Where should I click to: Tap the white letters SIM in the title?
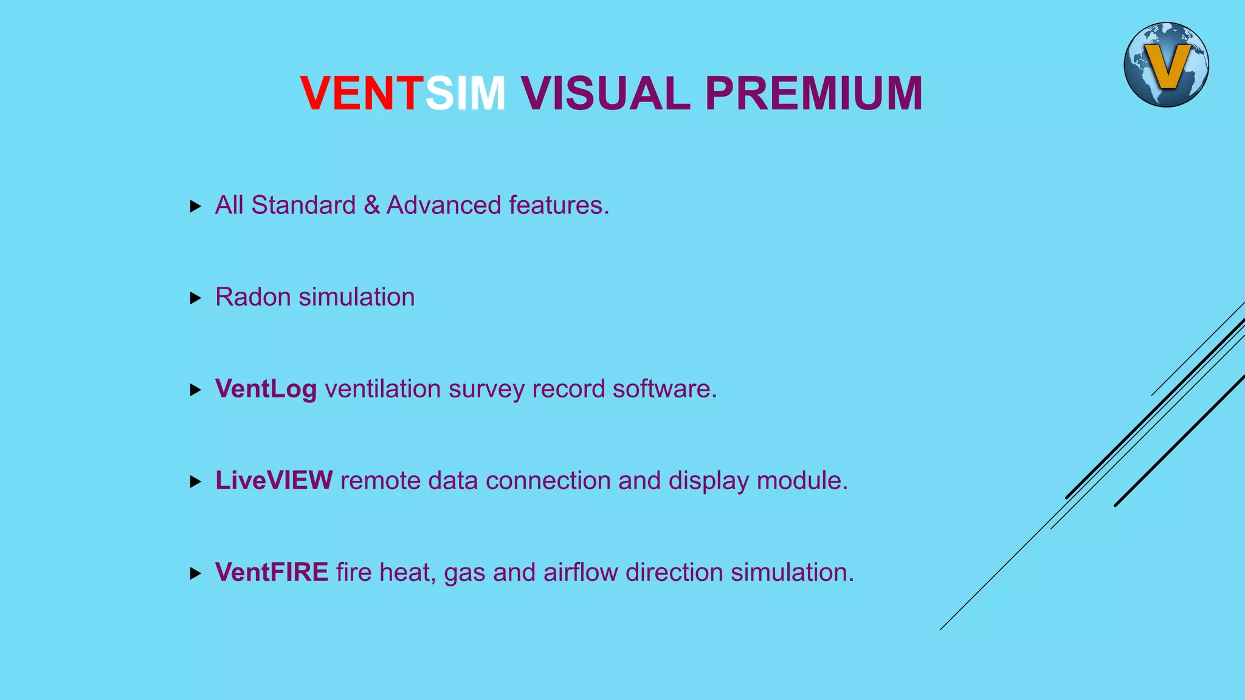tap(465, 94)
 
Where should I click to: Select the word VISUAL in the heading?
tap(605, 94)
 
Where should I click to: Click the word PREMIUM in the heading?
tap(813, 94)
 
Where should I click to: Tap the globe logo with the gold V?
tap(1166, 65)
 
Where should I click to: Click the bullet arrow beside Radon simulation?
tap(195, 298)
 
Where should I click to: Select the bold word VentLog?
tap(266, 389)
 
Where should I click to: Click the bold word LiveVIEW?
tap(274, 481)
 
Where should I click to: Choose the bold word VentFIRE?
tap(272, 572)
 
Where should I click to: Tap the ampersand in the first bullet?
tap(371, 205)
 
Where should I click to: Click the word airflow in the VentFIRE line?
tap(581, 572)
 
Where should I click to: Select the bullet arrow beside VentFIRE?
tap(195, 574)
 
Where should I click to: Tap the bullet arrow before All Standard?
tap(195, 207)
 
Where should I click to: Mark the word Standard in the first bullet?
tap(303, 205)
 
